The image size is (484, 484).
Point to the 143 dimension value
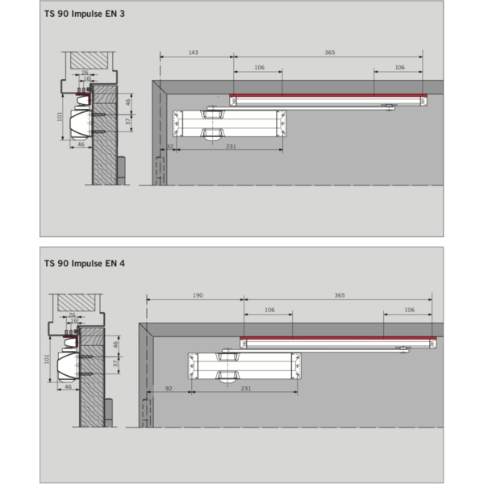(x=194, y=52)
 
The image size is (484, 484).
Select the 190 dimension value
(x=197, y=296)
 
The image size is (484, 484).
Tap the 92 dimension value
(x=169, y=389)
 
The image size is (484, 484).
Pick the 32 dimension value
(x=170, y=147)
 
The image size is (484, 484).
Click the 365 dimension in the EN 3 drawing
(x=330, y=52)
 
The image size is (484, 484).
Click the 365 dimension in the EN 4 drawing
(x=340, y=296)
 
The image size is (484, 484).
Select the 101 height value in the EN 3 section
(x=60, y=117)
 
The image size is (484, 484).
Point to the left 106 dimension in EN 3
(x=259, y=68)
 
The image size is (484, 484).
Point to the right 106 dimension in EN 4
(x=409, y=310)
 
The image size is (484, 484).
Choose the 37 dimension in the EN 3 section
(x=127, y=120)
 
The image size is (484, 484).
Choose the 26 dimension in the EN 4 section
(x=73, y=315)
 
